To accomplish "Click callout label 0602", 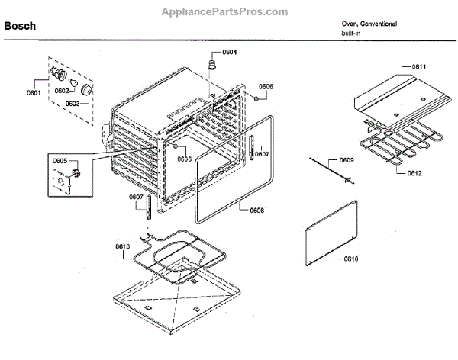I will click(61, 91).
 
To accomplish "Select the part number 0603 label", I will click(73, 103).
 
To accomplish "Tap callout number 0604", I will click(229, 52).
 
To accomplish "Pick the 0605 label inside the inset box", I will click(60, 162).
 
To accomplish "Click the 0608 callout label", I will click(256, 209).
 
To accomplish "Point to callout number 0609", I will click(347, 161).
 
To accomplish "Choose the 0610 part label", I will click(350, 259).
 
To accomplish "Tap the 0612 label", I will click(414, 173).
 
